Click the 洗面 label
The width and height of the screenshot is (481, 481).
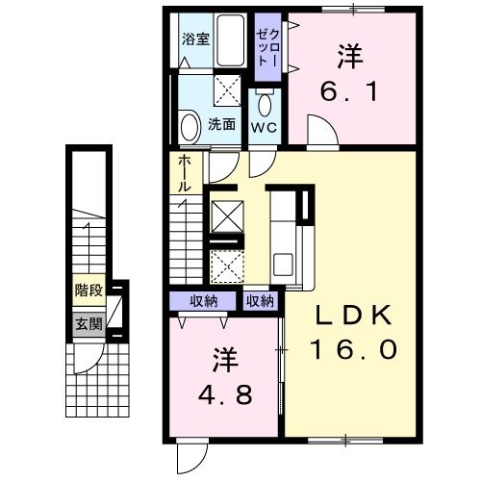pos(223,123)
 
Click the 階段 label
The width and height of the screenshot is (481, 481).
pos(89,289)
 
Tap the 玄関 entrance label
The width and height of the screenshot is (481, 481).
pos(89,323)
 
